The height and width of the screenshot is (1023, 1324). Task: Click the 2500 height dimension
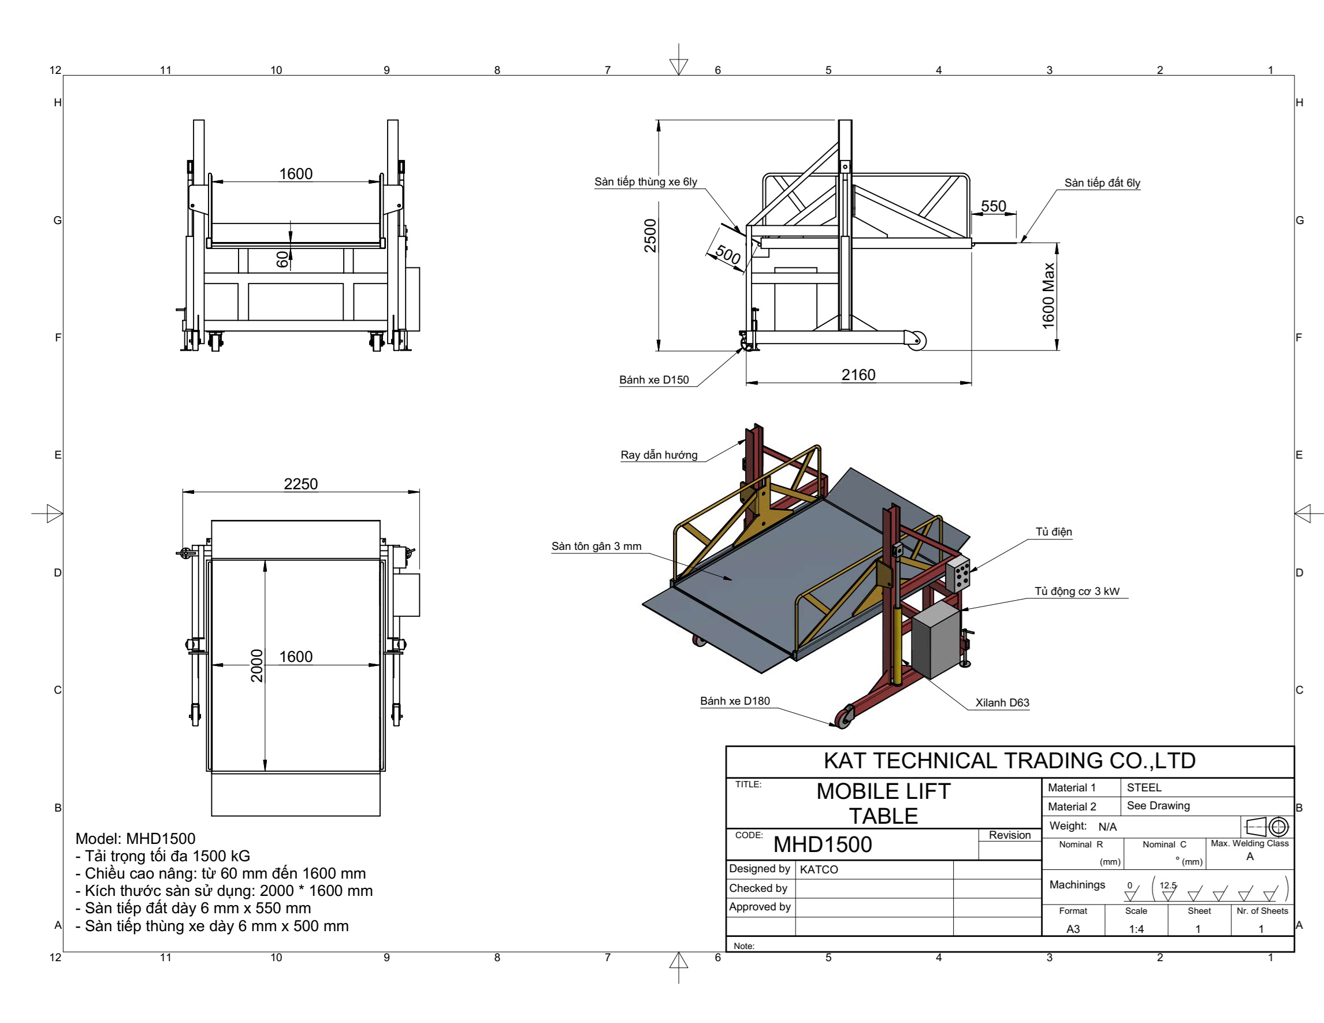point(650,236)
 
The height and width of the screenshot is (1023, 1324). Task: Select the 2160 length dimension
point(858,374)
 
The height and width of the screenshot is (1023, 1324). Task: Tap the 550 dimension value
point(993,206)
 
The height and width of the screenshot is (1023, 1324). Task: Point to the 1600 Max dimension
point(1048,296)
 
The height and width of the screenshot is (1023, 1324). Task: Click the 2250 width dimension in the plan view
point(301,483)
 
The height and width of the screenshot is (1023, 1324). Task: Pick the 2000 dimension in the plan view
point(257,665)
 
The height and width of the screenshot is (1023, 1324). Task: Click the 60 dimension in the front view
point(282,259)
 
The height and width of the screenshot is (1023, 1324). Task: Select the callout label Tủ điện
point(1054,531)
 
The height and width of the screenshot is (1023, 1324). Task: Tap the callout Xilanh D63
point(1002,702)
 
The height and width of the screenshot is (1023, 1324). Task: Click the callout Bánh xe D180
point(735,701)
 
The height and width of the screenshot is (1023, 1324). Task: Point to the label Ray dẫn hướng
point(659,455)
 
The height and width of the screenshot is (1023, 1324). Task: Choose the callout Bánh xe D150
point(653,380)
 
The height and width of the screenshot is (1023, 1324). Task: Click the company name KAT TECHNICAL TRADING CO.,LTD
point(1009,761)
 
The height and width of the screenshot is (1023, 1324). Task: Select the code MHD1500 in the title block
point(822,844)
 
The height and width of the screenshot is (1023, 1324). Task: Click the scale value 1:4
point(1136,928)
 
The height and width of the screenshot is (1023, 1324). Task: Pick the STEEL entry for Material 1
point(1144,787)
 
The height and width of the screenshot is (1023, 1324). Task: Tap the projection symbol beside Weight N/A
point(1267,827)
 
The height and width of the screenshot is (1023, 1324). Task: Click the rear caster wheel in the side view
point(916,341)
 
